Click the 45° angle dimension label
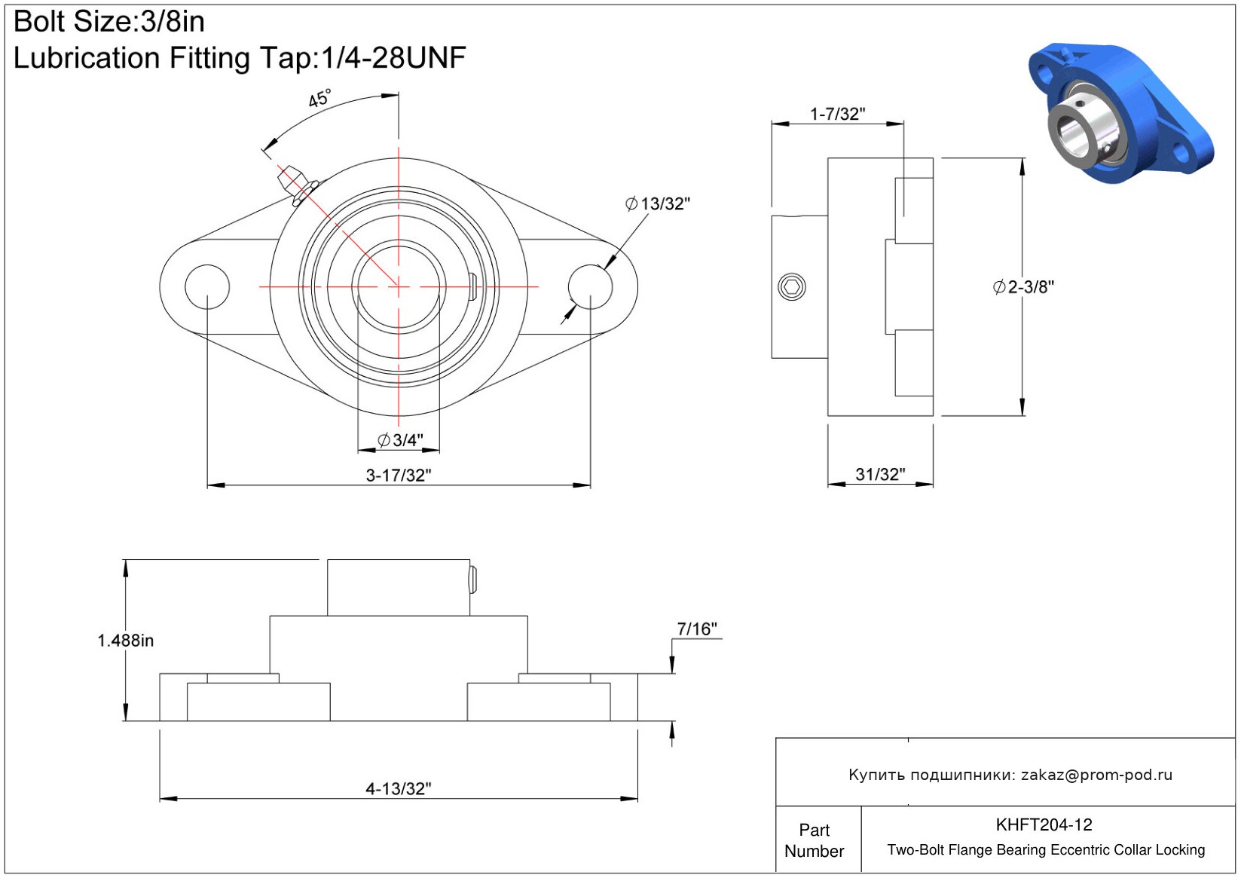(x=319, y=99)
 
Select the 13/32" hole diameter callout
(x=658, y=203)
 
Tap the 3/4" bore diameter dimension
(x=400, y=440)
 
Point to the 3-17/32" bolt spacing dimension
(x=399, y=476)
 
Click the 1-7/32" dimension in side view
(x=837, y=115)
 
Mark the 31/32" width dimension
(x=880, y=475)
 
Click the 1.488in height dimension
(x=125, y=641)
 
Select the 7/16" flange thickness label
(x=697, y=629)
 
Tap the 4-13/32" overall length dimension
(x=399, y=789)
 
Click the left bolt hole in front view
(x=207, y=286)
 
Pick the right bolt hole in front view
(x=590, y=286)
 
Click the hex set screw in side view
(x=792, y=286)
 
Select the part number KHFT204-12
(x=1044, y=825)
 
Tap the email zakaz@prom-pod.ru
(x=1096, y=775)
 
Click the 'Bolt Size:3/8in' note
(x=109, y=22)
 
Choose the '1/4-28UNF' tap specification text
(x=393, y=58)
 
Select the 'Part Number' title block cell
(x=814, y=840)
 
